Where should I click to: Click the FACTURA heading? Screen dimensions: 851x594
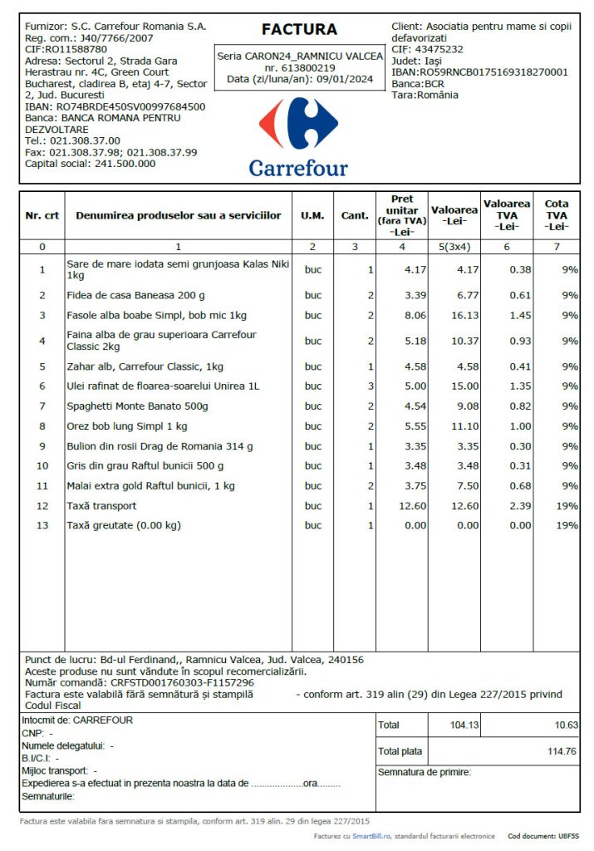(x=299, y=30)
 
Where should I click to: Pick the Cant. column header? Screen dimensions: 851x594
(x=355, y=215)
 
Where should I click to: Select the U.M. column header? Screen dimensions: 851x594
(x=312, y=215)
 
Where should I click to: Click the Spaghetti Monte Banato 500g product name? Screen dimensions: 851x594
(x=137, y=406)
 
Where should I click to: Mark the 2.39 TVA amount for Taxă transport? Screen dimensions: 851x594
(x=520, y=506)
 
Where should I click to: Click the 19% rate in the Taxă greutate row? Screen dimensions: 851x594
(x=567, y=525)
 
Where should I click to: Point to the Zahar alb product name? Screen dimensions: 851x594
(x=145, y=366)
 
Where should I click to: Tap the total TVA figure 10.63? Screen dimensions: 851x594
(x=566, y=726)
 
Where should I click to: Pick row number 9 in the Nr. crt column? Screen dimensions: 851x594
(x=42, y=446)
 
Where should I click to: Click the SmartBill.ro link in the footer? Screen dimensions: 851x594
(x=370, y=836)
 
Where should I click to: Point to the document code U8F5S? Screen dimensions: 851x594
(x=568, y=836)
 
